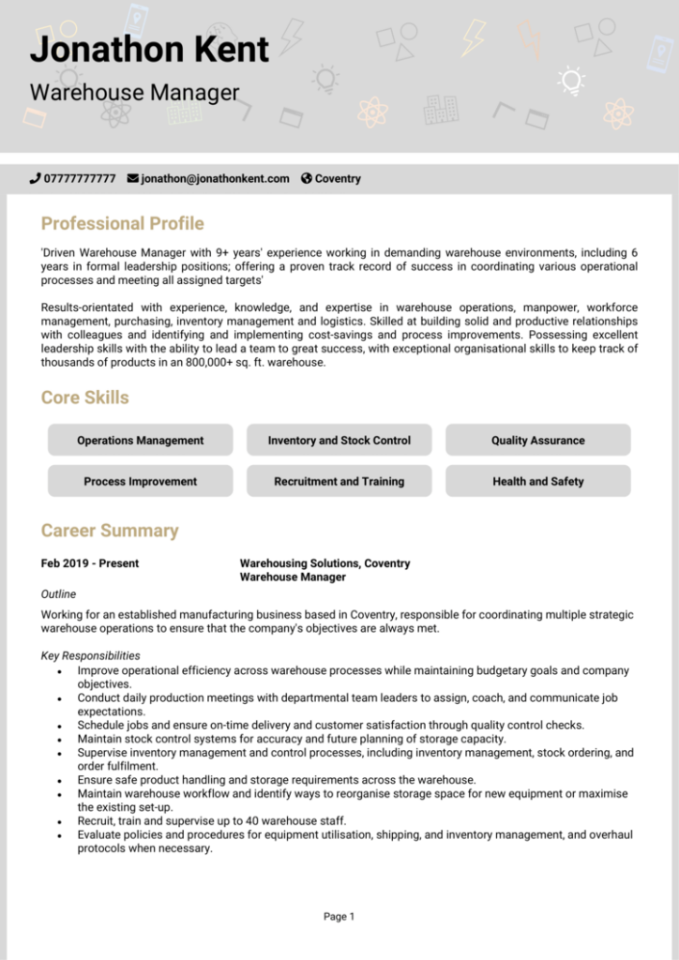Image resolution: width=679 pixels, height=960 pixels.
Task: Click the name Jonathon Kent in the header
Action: (149, 49)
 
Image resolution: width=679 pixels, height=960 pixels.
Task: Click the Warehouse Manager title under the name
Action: (134, 93)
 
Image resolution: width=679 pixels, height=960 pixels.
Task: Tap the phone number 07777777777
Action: (80, 178)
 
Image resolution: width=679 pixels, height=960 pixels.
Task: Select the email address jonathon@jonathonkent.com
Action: (215, 178)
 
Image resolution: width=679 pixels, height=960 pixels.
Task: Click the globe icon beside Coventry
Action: (306, 178)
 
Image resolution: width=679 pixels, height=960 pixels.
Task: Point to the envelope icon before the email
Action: (132, 178)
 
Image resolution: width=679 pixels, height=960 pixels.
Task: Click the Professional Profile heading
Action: (122, 223)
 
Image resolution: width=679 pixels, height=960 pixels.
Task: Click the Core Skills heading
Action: (84, 397)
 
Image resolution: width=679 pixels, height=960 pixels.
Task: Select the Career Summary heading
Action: (109, 531)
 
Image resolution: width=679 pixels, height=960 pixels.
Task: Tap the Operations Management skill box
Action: (140, 440)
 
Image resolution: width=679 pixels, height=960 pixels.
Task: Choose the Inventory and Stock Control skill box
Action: (339, 440)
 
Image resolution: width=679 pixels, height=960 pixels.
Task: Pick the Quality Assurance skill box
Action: (537, 440)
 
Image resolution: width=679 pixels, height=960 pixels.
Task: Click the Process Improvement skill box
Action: (140, 481)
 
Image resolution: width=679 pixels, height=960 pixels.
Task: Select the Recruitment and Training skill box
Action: (339, 481)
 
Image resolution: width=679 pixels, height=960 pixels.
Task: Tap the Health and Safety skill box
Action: (537, 481)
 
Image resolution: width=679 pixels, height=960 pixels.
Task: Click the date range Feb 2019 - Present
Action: (90, 563)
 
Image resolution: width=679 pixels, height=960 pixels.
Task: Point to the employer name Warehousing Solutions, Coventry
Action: (324, 563)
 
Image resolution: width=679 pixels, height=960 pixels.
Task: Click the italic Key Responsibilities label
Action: (91, 655)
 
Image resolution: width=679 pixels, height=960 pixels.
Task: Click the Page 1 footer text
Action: (339, 916)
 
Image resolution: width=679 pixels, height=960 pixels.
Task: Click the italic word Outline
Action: (59, 593)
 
